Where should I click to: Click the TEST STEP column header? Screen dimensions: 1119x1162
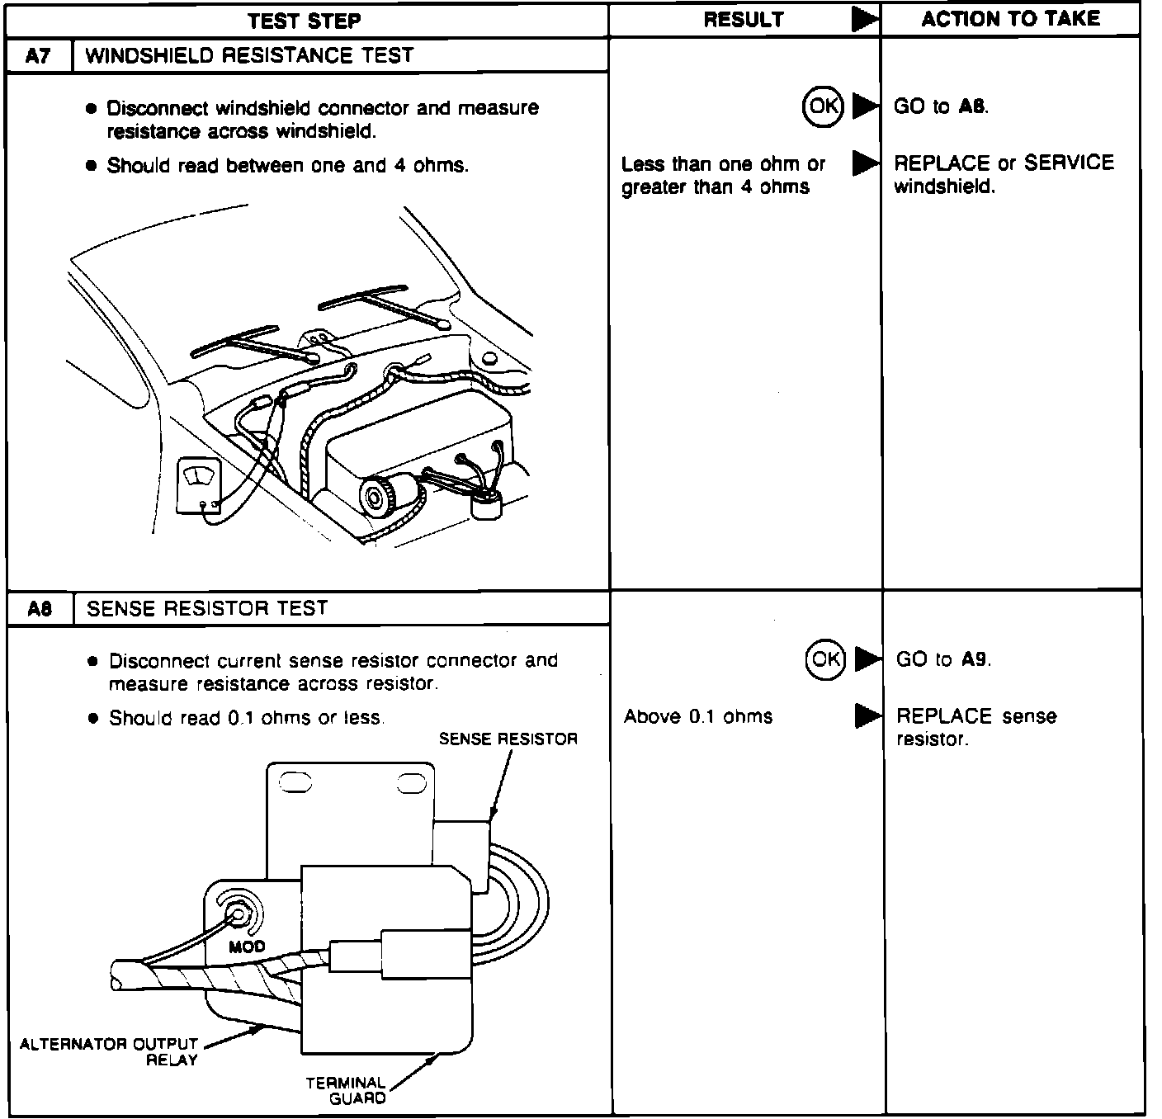[305, 20]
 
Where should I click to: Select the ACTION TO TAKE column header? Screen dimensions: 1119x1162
[1010, 19]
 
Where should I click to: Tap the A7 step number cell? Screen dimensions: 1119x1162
[38, 56]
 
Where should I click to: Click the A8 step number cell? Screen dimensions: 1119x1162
[39, 609]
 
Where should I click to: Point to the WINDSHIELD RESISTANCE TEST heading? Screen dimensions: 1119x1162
[249, 56]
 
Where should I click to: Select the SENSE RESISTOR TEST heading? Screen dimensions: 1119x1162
[207, 609]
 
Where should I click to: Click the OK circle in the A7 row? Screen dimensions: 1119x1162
[823, 106]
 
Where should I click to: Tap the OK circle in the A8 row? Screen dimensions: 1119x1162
[825, 659]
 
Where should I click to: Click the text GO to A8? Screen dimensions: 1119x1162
[941, 106]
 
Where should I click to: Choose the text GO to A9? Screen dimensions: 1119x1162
[943, 659]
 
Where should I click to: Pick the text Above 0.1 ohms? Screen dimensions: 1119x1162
[698, 716]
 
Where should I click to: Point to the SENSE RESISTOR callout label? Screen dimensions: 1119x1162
[508, 739]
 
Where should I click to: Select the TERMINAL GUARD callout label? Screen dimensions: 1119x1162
[346, 1090]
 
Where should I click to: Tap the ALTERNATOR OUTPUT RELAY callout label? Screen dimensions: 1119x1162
[109, 1051]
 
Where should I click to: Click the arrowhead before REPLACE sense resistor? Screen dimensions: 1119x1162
[867, 716]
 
